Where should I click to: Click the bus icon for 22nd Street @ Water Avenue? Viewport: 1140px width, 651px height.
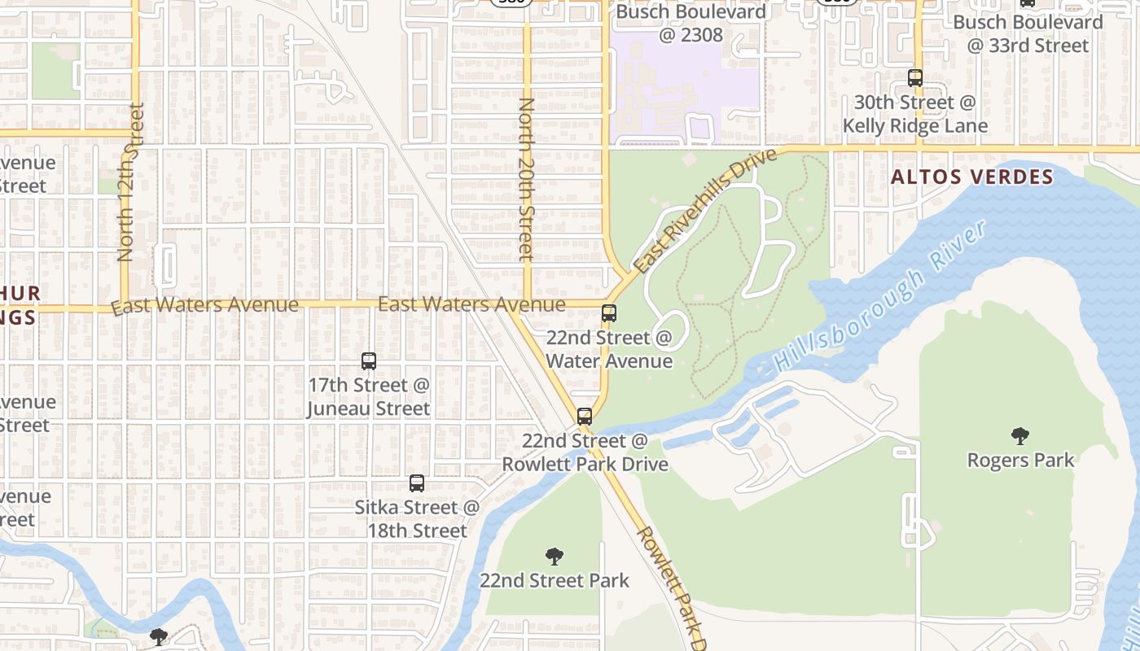[x=608, y=313]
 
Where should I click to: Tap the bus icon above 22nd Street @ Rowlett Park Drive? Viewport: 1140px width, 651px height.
[x=584, y=417]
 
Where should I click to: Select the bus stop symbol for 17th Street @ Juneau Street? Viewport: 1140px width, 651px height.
[x=369, y=361]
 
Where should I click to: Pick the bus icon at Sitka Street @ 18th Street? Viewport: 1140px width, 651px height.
[x=417, y=483]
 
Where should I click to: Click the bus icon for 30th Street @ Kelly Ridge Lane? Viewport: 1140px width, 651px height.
[x=915, y=78]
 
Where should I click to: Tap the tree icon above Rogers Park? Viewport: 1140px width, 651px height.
[x=1019, y=436]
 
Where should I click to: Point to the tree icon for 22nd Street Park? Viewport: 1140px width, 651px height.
[x=555, y=557]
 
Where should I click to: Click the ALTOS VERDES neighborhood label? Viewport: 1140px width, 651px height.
[x=972, y=177]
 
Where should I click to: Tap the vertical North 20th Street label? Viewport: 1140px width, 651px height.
[x=527, y=179]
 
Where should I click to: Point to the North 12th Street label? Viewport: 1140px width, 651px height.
[x=130, y=183]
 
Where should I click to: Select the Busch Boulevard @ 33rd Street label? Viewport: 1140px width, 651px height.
[x=1028, y=33]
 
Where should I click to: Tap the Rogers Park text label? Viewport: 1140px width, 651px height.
[x=1020, y=460]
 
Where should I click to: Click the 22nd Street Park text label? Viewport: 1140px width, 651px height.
[x=555, y=580]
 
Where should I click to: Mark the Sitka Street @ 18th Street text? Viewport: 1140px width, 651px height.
[x=417, y=518]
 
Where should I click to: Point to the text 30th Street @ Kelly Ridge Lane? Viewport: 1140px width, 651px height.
[x=914, y=114]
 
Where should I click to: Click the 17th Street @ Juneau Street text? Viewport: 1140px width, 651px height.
[x=368, y=396]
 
